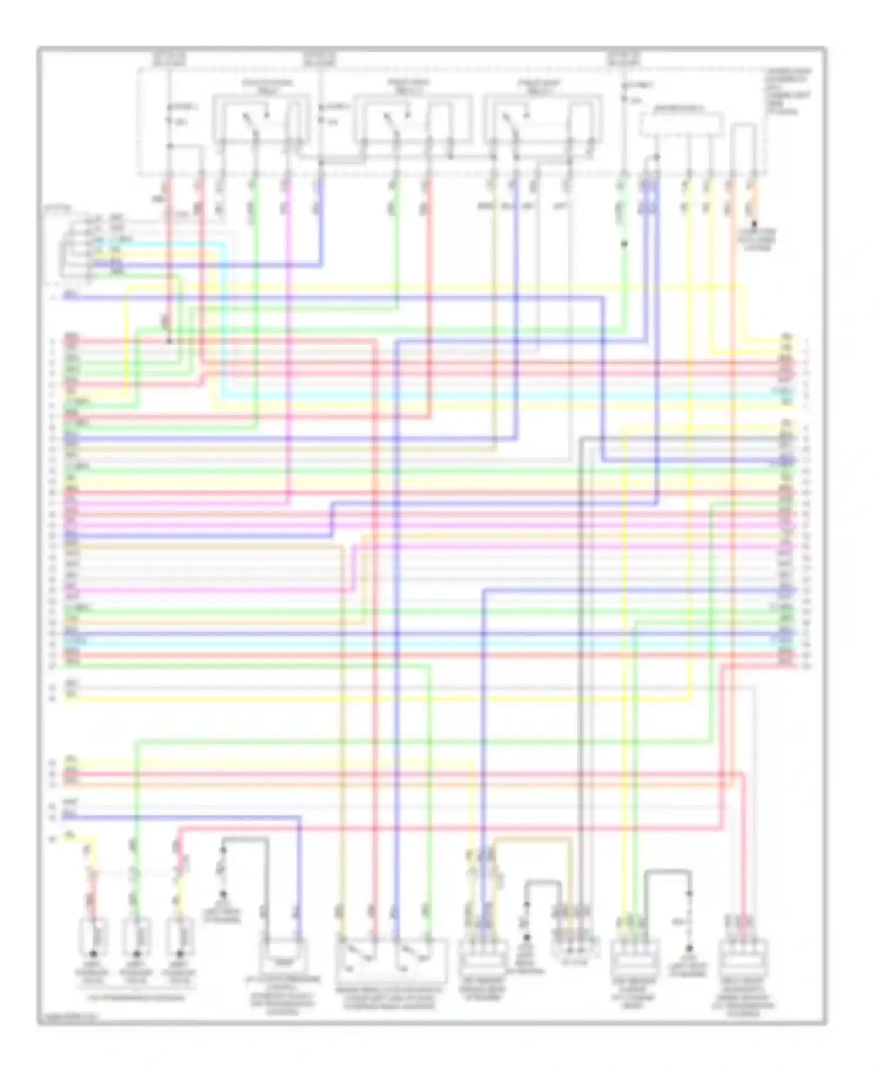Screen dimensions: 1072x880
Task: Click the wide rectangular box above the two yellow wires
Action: point(681,124)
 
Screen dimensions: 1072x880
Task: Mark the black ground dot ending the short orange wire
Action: point(754,224)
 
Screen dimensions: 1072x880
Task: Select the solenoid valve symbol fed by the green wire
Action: point(136,937)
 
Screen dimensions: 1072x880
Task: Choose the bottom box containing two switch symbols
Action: point(390,959)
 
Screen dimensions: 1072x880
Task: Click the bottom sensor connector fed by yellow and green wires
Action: point(635,958)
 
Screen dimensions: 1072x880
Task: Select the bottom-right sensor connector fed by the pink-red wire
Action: point(744,958)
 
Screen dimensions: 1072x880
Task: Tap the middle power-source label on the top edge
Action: point(319,59)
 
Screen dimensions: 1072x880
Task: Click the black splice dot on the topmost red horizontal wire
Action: point(170,341)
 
